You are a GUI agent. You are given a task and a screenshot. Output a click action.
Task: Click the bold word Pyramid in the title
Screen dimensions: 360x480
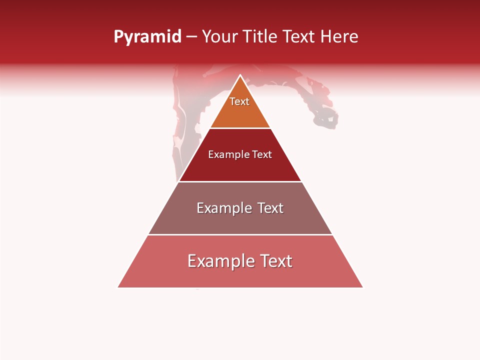[x=147, y=37]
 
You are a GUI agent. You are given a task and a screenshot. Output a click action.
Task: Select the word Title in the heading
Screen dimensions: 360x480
[x=259, y=37]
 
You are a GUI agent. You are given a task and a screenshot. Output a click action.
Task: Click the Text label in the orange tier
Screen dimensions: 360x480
[x=239, y=101]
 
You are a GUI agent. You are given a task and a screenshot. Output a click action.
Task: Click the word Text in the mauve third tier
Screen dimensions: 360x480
[x=270, y=208]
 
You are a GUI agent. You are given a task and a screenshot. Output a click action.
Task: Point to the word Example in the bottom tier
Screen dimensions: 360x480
[x=218, y=261]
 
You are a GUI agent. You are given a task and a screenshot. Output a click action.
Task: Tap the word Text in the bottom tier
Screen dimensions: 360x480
[x=275, y=261]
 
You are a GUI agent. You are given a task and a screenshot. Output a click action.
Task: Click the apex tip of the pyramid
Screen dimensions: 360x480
[x=240, y=76]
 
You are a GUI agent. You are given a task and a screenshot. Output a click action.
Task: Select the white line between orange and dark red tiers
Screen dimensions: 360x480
[x=240, y=128]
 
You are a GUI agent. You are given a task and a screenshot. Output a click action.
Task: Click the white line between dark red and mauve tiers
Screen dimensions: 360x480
[x=240, y=181]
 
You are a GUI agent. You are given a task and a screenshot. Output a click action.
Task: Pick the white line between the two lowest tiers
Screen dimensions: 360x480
[x=240, y=234]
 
